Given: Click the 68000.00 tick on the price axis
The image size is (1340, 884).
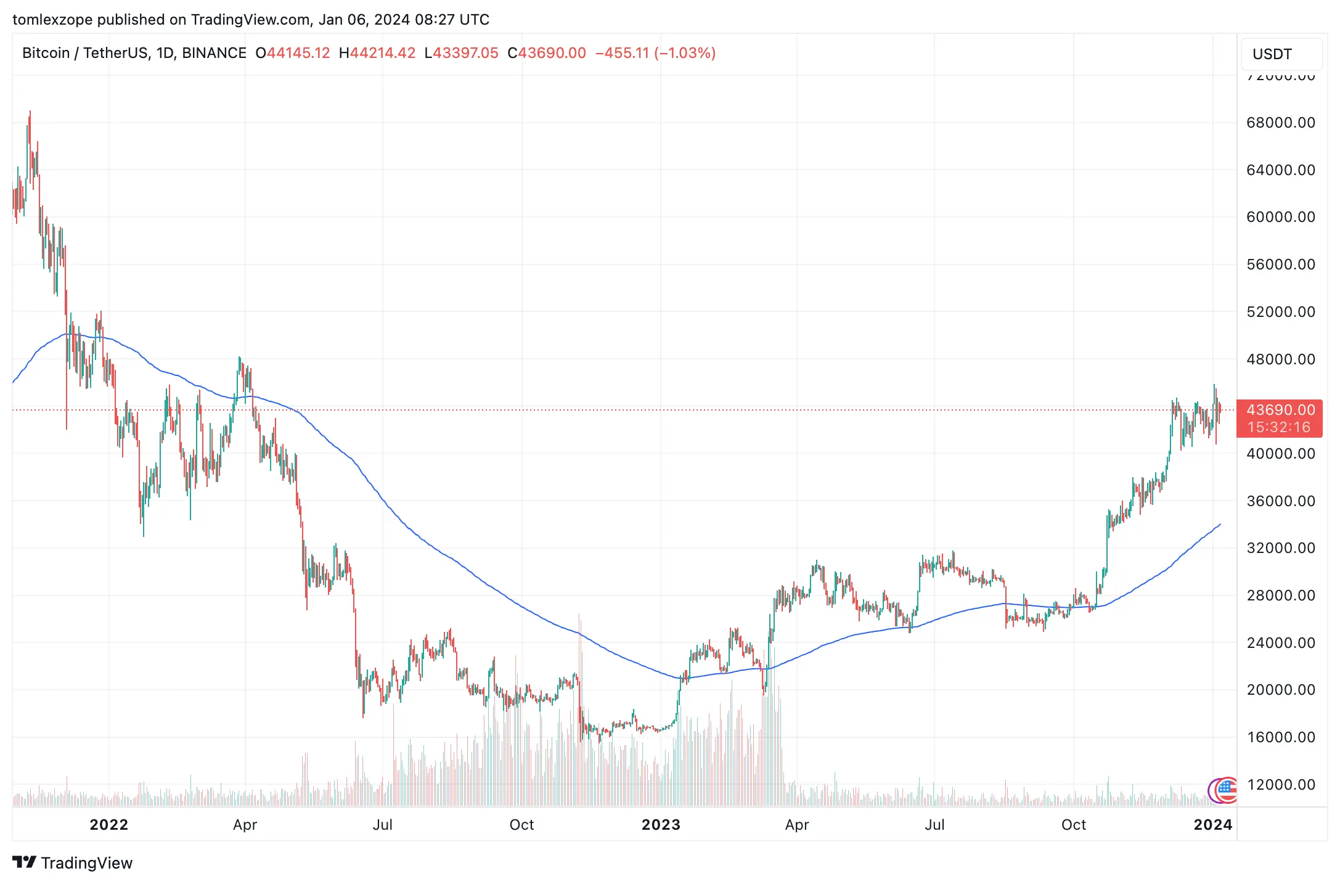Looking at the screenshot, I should click(1280, 123).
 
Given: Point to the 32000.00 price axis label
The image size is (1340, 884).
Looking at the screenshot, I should click(1280, 548).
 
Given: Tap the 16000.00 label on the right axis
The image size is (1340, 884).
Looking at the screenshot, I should click(1280, 737).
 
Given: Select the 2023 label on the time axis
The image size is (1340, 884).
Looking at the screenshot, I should click(661, 825).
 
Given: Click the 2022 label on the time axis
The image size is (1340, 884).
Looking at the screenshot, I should click(108, 825).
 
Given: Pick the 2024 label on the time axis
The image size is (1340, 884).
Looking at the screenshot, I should click(1212, 825).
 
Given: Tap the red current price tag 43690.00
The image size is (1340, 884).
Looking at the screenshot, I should click(1280, 410).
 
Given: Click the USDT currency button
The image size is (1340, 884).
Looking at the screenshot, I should click(1272, 54).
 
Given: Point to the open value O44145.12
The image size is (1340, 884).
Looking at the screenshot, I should click(293, 53).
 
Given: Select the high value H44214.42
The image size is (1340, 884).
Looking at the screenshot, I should click(377, 53).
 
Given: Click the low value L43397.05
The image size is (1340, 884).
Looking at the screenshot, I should click(461, 53).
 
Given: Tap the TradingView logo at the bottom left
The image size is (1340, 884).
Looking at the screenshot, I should click(72, 862).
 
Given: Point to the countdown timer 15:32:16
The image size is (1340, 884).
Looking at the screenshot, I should click(1279, 427).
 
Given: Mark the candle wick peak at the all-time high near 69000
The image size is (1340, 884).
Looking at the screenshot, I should click(30, 112).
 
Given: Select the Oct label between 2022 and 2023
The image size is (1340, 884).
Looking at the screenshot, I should click(521, 825).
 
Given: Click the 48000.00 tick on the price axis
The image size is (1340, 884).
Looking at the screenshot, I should click(1280, 359).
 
